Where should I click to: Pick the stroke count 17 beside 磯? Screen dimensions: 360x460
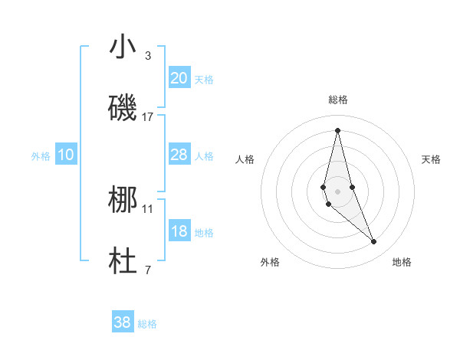click(148, 116)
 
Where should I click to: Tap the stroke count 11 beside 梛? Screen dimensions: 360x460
click(148, 208)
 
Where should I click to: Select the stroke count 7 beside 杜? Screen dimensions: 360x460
click(148, 270)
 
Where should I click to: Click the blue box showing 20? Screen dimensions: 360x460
click(179, 78)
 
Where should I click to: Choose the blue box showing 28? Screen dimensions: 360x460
click(179, 155)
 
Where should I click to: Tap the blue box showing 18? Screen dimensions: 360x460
click(179, 231)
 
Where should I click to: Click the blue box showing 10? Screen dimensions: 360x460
click(66, 155)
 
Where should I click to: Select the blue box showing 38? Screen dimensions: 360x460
click(123, 322)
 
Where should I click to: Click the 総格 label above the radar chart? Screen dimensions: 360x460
click(338, 100)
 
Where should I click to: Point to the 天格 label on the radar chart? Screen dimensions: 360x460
click(432, 159)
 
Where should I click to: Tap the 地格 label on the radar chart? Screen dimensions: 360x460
click(402, 262)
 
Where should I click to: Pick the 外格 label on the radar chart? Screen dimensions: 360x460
click(270, 262)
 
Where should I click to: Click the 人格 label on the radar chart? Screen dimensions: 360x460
click(245, 159)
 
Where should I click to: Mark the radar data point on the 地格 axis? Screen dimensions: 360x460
click(374, 242)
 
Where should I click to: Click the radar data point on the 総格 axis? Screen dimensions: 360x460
click(338, 129)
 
